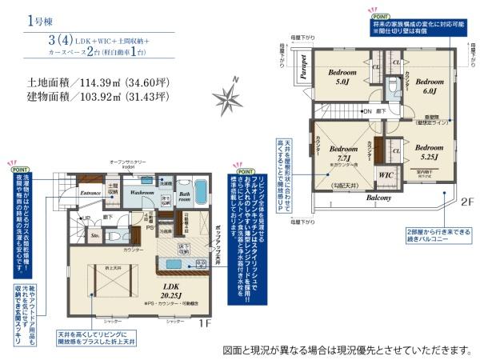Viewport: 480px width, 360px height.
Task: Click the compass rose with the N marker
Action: [x=233, y=97]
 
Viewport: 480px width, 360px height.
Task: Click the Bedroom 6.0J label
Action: [x=429, y=86]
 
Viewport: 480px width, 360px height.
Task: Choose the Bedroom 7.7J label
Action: [x=344, y=154]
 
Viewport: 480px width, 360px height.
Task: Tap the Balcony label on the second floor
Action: [x=378, y=197]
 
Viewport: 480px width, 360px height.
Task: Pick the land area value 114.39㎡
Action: [x=103, y=82]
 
